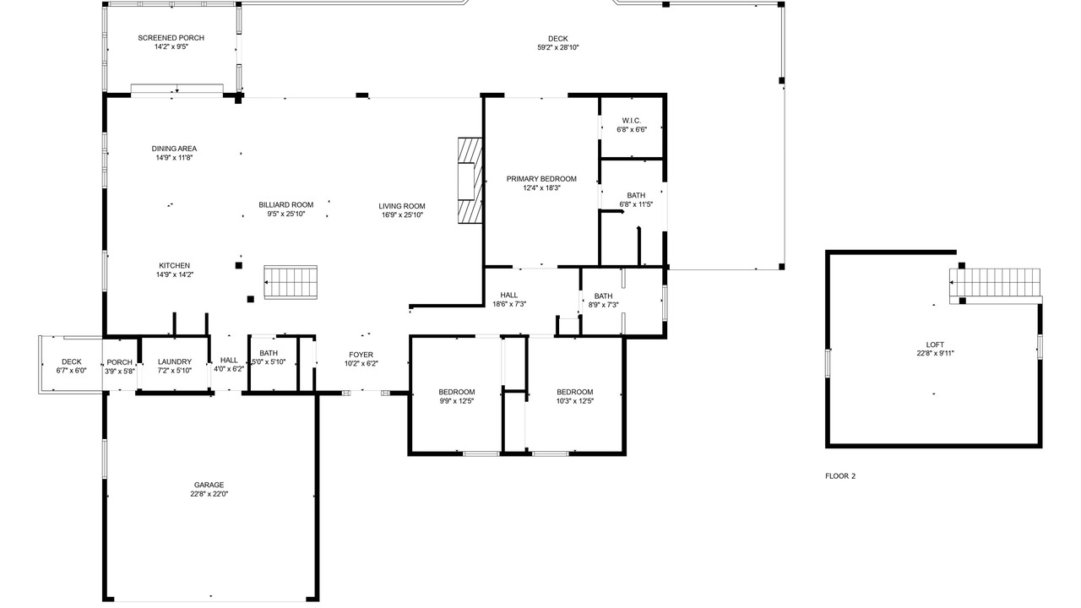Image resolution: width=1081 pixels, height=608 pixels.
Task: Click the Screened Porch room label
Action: pyautogui.click(x=171, y=38)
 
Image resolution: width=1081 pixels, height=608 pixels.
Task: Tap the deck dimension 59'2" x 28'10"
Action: pyautogui.click(x=558, y=47)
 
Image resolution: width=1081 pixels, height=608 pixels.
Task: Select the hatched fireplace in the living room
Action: pyautogui.click(x=470, y=181)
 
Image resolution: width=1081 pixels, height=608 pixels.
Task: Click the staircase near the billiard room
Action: pyautogui.click(x=291, y=282)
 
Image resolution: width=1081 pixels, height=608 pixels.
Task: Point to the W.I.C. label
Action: pyautogui.click(x=631, y=121)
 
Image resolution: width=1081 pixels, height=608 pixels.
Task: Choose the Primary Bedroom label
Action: pyautogui.click(x=541, y=179)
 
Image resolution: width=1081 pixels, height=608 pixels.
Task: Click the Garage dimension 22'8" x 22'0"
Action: pyautogui.click(x=209, y=494)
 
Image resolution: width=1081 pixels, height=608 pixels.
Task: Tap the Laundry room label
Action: pyautogui.click(x=175, y=361)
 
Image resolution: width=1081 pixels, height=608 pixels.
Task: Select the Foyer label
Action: pyautogui.click(x=361, y=355)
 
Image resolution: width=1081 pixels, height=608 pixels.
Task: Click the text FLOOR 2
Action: pyautogui.click(x=840, y=475)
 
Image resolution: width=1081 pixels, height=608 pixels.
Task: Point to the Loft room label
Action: pyautogui.click(x=935, y=345)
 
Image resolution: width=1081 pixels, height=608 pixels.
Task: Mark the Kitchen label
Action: pyautogui.click(x=174, y=265)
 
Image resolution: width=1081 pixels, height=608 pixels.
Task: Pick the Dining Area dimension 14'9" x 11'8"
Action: pyautogui.click(x=174, y=157)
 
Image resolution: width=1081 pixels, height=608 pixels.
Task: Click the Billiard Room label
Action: pyautogui.click(x=286, y=204)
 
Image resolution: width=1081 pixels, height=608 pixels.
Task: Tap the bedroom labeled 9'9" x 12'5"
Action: pyautogui.click(x=457, y=396)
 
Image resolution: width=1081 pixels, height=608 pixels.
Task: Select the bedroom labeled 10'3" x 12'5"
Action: pyautogui.click(x=575, y=396)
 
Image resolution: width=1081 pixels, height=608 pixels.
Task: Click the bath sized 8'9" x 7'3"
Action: pyautogui.click(x=603, y=300)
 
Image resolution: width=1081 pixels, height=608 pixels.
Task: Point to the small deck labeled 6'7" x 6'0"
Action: pyautogui.click(x=72, y=366)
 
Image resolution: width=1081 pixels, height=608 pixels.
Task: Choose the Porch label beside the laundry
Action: pyautogui.click(x=120, y=362)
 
